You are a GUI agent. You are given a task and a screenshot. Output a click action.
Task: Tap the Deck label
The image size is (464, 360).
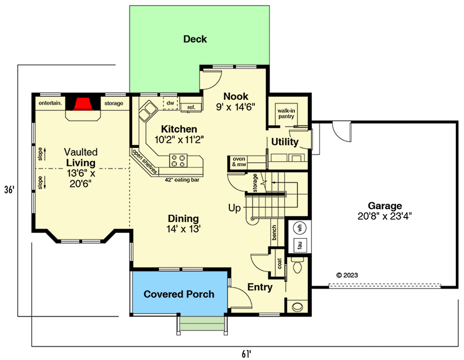[x=195, y=39]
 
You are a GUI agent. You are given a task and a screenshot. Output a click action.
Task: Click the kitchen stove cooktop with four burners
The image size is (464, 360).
[x=178, y=161]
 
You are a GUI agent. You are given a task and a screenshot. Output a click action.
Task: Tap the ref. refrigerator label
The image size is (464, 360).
[x=191, y=107]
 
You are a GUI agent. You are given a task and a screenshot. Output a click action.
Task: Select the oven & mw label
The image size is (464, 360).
[x=239, y=162]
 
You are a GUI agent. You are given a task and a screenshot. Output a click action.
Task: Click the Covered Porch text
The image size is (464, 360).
[x=178, y=294]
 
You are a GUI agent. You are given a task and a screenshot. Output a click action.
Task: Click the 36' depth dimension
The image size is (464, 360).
[x=9, y=189]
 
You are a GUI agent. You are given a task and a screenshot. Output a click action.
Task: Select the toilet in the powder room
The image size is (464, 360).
[x=297, y=266]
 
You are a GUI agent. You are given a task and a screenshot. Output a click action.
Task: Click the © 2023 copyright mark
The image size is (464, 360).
[x=346, y=275]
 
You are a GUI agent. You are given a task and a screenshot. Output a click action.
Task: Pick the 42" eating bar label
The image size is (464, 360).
[x=183, y=179]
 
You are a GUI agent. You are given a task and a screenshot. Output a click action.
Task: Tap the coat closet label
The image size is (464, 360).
[x=279, y=264]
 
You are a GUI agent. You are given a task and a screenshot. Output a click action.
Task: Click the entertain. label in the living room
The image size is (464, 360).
[x=50, y=104]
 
